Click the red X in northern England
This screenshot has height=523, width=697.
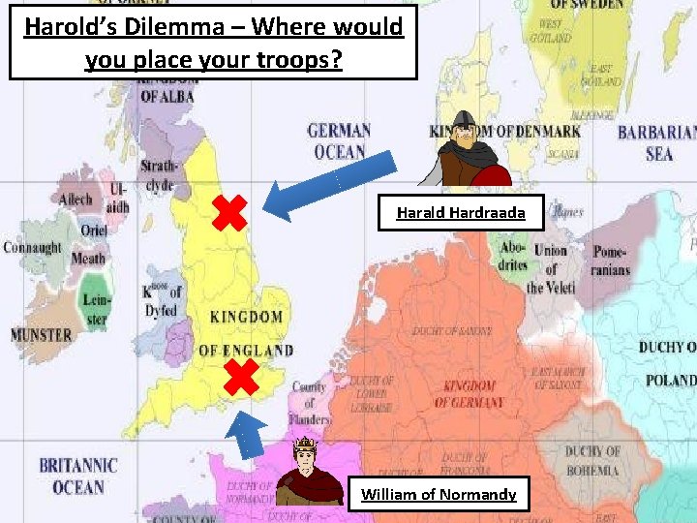coord(230,213)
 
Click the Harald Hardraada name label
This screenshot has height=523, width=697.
coord(461,212)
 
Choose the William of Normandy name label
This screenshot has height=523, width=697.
coord(439,495)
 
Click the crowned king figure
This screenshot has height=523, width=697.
coord(307,473)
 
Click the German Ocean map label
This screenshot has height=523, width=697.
coord(339,141)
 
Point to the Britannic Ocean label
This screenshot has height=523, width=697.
coord(77,477)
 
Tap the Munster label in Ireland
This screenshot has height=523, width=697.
coord(41,335)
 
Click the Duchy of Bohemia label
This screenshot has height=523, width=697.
coord(591,461)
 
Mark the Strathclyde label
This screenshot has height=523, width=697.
coord(157,175)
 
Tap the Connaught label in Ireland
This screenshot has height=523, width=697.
coord(32,248)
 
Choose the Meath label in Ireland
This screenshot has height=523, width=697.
coord(88,259)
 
